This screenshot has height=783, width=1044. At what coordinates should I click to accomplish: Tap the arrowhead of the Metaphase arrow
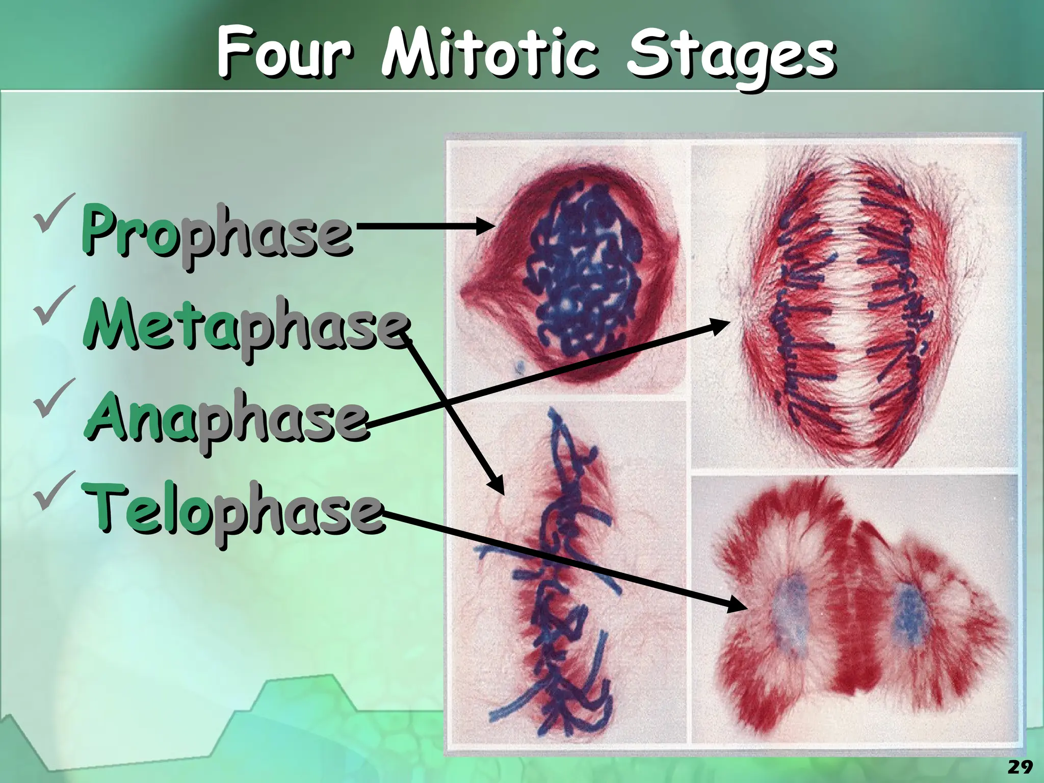click(498, 485)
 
